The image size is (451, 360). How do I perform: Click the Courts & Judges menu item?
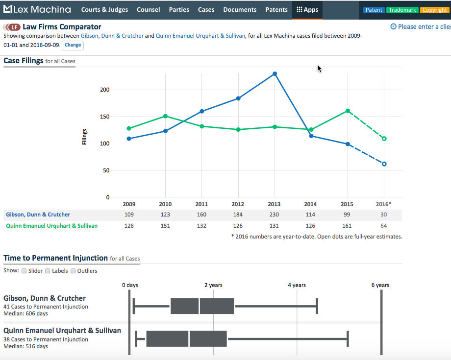pos(104,10)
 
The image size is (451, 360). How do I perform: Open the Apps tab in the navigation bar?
pos(307,10)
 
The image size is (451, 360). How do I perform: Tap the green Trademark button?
pos(402,10)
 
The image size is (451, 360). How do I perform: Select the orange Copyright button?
pos(434,10)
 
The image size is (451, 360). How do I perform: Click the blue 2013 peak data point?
pos(275,74)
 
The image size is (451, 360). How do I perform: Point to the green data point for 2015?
pos(348,111)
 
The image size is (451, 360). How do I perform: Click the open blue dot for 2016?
pos(384,164)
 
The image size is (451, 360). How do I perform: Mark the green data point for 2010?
pos(165,116)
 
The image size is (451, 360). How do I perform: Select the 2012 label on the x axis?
pos(238,204)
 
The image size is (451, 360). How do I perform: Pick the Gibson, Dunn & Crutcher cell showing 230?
pos(274,215)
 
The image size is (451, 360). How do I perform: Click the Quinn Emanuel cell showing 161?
pos(347,226)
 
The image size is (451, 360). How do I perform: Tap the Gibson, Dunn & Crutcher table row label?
pos(38,215)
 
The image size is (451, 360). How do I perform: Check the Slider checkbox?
pos(24,271)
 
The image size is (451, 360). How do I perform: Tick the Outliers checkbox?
pos(74,271)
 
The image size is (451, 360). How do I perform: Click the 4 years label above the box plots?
pos(297,285)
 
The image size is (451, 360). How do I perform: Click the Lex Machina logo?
pos(37,10)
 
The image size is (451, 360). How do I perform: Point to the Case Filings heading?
pos(23,61)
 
